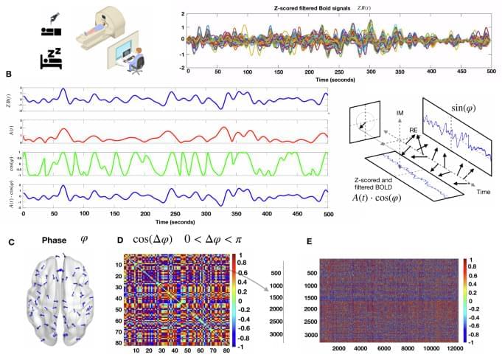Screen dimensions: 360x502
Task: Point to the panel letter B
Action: pyautogui.click(x=8, y=75)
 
